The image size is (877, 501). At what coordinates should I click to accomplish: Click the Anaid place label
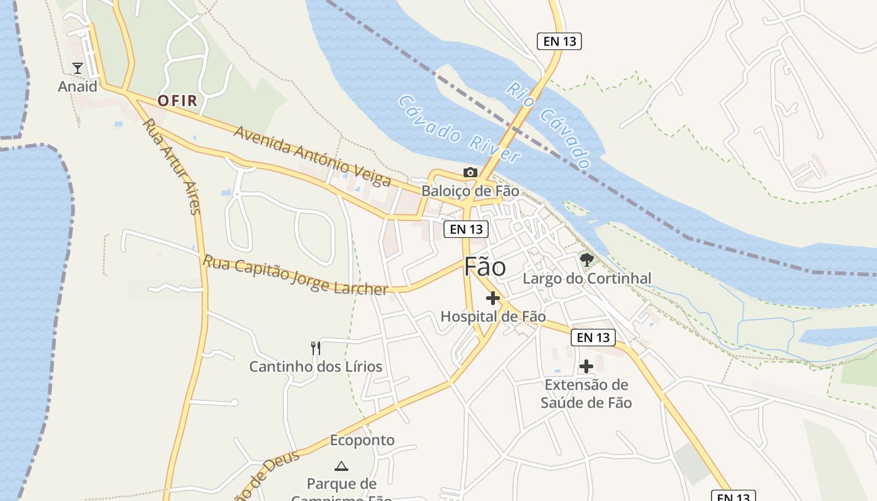pyautogui.click(x=78, y=86)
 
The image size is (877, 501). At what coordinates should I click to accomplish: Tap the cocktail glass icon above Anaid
pyautogui.click(x=78, y=68)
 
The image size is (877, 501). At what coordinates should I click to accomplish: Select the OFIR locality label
pyautogui.click(x=177, y=100)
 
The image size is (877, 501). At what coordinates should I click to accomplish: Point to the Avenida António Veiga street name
pyautogui.click(x=312, y=156)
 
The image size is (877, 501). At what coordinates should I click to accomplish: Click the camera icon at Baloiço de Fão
pyautogui.click(x=470, y=172)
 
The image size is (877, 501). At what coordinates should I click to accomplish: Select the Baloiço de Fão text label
pyautogui.click(x=470, y=190)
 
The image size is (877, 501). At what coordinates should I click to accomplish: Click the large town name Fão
pyautogui.click(x=485, y=267)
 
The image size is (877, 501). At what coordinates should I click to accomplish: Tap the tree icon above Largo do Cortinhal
pyautogui.click(x=586, y=259)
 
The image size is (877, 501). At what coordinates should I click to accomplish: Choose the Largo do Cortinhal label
pyautogui.click(x=587, y=278)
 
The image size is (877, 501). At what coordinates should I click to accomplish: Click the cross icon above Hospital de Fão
pyautogui.click(x=493, y=298)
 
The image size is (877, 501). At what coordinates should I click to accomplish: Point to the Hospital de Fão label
pyautogui.click(x=493, y=316)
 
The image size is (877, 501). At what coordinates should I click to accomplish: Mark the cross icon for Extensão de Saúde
pyautogui.click(x=586, y=366)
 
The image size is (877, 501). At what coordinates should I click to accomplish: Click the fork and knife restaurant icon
pyautogui.click(x=316, y=348)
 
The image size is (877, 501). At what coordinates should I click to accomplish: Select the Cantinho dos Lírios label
pyautogui.click(x=316, y=366)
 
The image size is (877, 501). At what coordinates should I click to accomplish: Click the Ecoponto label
pyautogui.click(x=362, y=440)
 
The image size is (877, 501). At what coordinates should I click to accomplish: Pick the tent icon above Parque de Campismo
pyautogui.click(x=341, y=465)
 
